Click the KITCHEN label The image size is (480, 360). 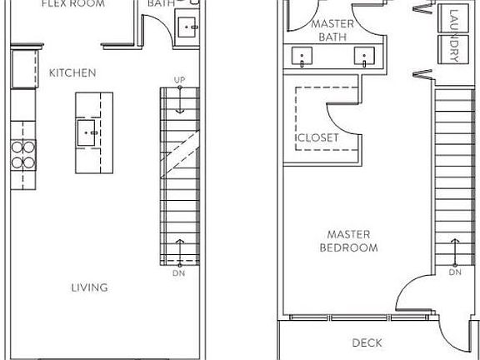(72, 73)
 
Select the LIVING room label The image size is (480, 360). (89, 288)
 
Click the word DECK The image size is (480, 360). (367, 342)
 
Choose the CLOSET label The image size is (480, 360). (317, 137)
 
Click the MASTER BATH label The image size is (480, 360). (332, 30)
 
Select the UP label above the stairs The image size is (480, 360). (179, 80)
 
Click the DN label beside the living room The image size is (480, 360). (178, 272)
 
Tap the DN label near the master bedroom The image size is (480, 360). (455, 272)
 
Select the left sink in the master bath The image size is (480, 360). (300, 57)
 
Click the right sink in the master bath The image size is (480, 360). (363, 57)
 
